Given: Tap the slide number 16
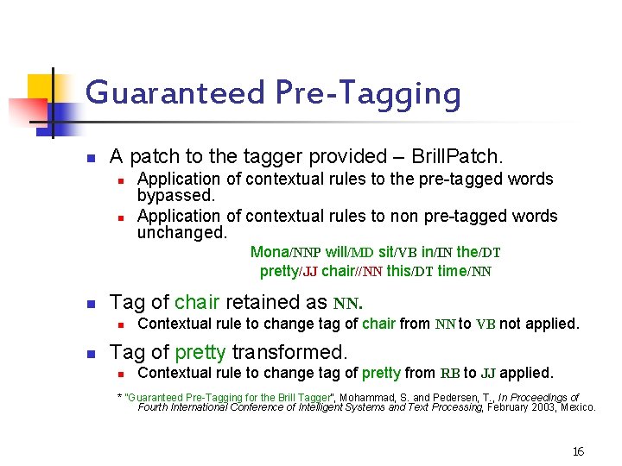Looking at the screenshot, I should pos(578,451).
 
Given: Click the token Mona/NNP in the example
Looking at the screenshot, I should pos(285,252).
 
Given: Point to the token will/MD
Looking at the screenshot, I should pos(350,252).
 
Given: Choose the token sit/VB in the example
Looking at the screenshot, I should pos(397,252).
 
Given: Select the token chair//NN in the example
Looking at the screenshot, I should pos(352,271).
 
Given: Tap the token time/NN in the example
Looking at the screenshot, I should pos(464,271).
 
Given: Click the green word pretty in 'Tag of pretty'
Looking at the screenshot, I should pos(200,353).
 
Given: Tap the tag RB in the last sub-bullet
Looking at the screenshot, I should pos(449,373).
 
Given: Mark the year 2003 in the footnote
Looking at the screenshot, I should pos(538,406).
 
